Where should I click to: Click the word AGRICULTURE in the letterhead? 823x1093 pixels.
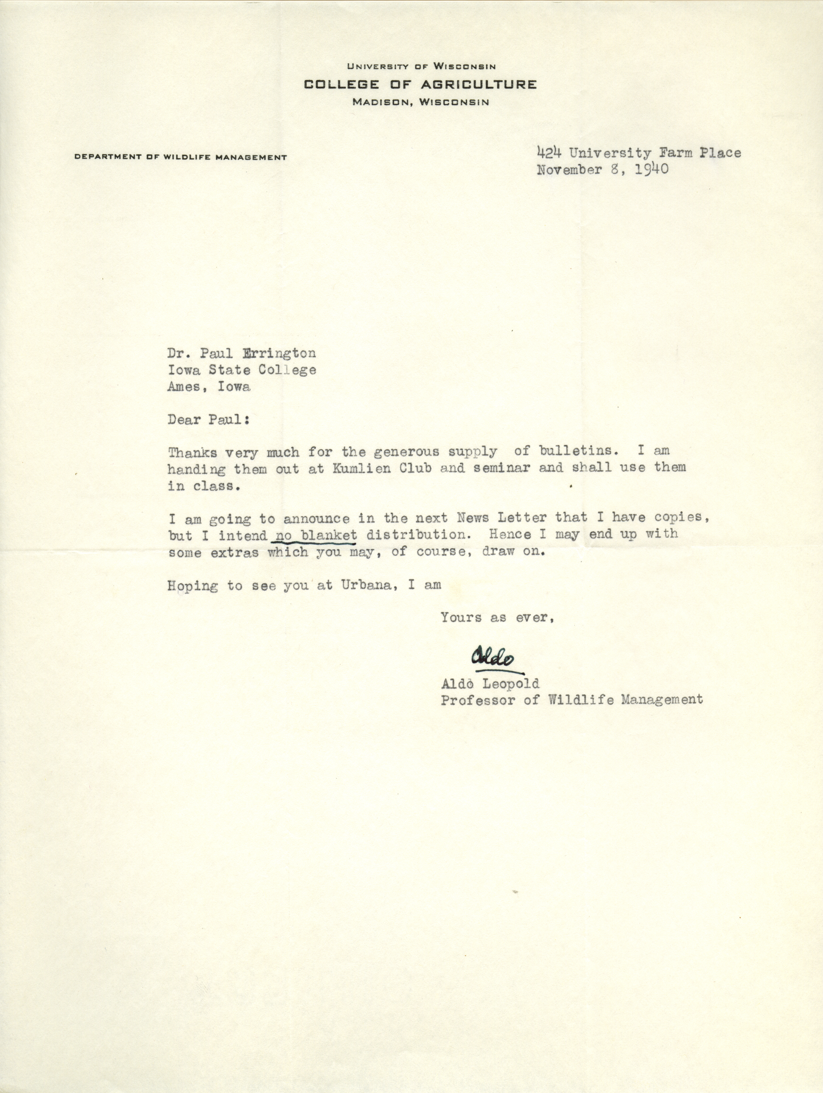[479, 84]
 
